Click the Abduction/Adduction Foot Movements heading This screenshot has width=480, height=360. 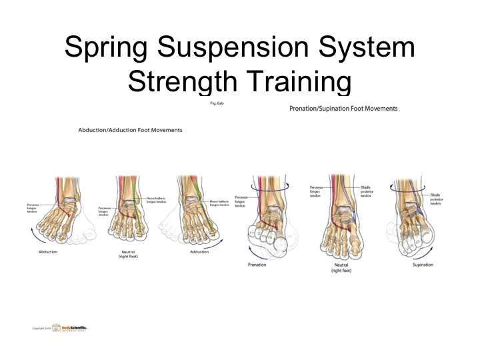click(x=130, y=130)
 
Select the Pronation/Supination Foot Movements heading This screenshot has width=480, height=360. click(x=343, y=108)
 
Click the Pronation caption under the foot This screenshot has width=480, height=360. click(x=257, y=265)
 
